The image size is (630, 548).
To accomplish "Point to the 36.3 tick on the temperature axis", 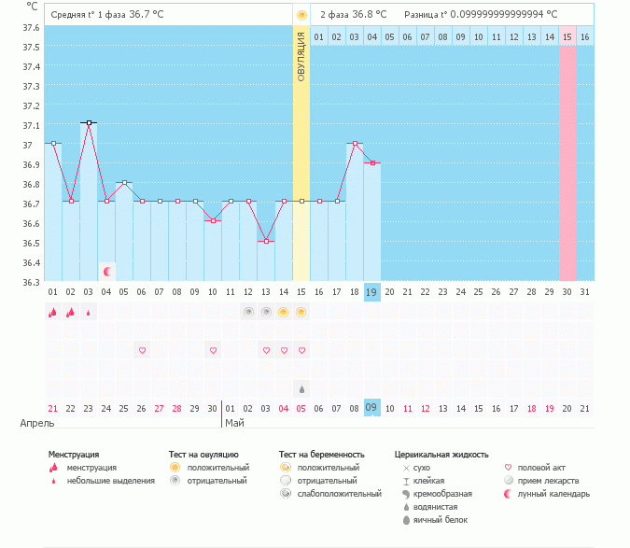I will click(32, 282).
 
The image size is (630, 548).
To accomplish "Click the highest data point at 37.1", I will click(89, 122).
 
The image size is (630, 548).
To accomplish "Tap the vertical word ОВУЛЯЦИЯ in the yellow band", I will click(301, 56).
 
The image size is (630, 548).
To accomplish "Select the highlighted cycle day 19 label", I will click(371, 292).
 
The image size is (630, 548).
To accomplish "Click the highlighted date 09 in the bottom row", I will click(371, 408).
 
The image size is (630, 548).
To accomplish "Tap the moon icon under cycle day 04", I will click(107, 272).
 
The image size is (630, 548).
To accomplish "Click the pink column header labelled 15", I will click(567, 36).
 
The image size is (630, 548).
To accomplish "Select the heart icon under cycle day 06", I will click(143, 350).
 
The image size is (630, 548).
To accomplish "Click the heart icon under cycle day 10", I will click(213, 350).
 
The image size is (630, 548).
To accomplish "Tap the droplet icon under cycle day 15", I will click(301, 388).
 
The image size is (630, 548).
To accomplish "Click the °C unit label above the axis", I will click(33, 6).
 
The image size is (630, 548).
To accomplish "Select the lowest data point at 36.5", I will click(266, 241).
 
